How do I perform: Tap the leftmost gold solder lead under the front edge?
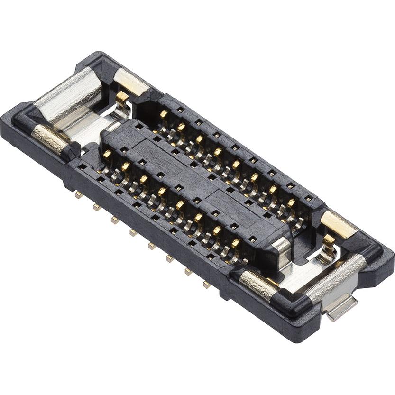(78, 194)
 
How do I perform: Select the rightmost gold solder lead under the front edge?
(207, 285)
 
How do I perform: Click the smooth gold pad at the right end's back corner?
(338, 223)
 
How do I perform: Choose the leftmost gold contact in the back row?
(164, 114)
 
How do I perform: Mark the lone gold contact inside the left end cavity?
(122, 97)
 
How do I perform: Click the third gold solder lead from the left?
(114, 220)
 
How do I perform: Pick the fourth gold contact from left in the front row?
(162, 192)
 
